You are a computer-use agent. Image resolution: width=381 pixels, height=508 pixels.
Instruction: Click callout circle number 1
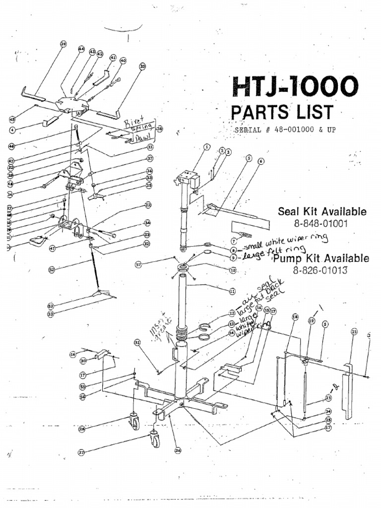coord(207,147)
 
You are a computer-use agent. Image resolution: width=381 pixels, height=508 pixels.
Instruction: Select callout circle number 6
coord(261,161)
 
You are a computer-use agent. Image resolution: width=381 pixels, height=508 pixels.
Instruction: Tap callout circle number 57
coord(139,265)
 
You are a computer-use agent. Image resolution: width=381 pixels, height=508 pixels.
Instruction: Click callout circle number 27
coord(81,452)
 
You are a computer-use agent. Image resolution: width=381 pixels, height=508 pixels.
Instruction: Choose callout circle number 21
coord(354,331)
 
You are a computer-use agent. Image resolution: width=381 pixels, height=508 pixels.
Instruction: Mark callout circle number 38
coord(159,129)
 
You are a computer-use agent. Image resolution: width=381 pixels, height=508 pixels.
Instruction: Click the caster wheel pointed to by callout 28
coord(134,421)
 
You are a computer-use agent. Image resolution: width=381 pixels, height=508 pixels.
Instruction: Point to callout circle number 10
coord(232,270)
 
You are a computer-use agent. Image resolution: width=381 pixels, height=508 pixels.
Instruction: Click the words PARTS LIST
coord(281,113)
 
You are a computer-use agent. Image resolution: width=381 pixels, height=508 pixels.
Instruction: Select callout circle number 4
coord(12,129)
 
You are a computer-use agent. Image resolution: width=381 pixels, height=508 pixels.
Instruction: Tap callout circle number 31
coord(137,342)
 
